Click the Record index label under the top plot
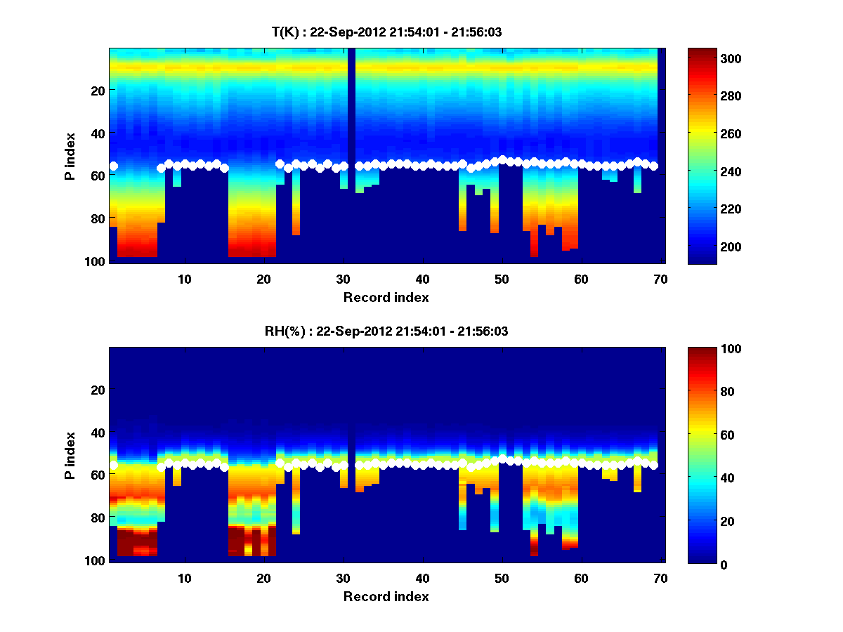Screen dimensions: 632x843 click(386, 297)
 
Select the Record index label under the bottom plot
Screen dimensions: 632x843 click(386, 596)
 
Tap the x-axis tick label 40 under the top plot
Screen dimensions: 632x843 click(421, 279)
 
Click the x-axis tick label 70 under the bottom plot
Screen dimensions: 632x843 click(660, 578)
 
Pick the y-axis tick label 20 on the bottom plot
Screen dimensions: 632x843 click(98, 390)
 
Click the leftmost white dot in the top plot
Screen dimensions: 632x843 click(113, 166)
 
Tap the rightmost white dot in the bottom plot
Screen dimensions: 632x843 click(653, 465)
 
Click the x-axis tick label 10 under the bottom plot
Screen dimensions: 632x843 click(184, 578)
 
